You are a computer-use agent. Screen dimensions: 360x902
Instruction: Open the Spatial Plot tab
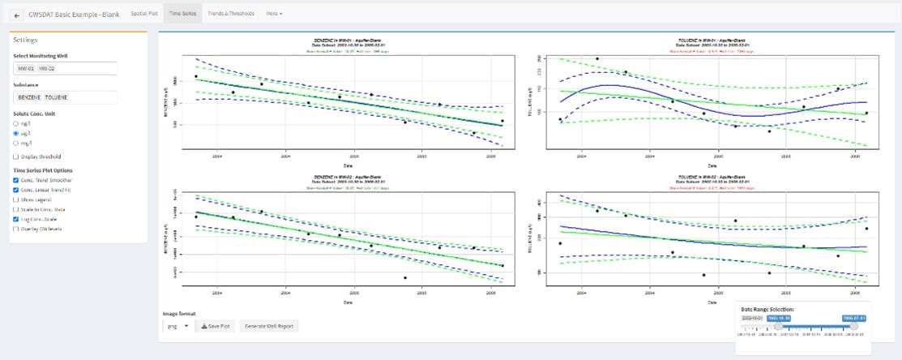(144, 14)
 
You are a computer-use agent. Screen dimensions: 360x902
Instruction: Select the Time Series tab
(182, 14)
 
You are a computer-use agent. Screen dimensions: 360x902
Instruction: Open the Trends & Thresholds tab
(230, 14)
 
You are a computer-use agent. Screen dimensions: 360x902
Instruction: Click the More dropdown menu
(274, 14)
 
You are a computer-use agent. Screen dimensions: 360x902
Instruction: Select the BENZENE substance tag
(29, 97)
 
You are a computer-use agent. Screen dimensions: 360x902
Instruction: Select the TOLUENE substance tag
(57, 97)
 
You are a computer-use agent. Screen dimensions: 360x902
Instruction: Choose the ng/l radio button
(17, 123)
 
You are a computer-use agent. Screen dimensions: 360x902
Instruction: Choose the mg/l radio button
(17, 142)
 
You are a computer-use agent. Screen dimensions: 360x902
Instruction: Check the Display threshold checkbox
(17, 156)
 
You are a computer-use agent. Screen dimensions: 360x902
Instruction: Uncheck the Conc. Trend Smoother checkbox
(17, 179)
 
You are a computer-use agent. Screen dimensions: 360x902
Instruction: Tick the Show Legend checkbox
(17, 199)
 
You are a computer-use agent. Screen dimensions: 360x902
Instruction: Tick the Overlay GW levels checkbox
(17, 229)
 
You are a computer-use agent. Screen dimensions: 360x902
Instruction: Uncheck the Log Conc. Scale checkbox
(17, 219)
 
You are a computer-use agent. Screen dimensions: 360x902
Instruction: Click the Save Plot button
(216, 326)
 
